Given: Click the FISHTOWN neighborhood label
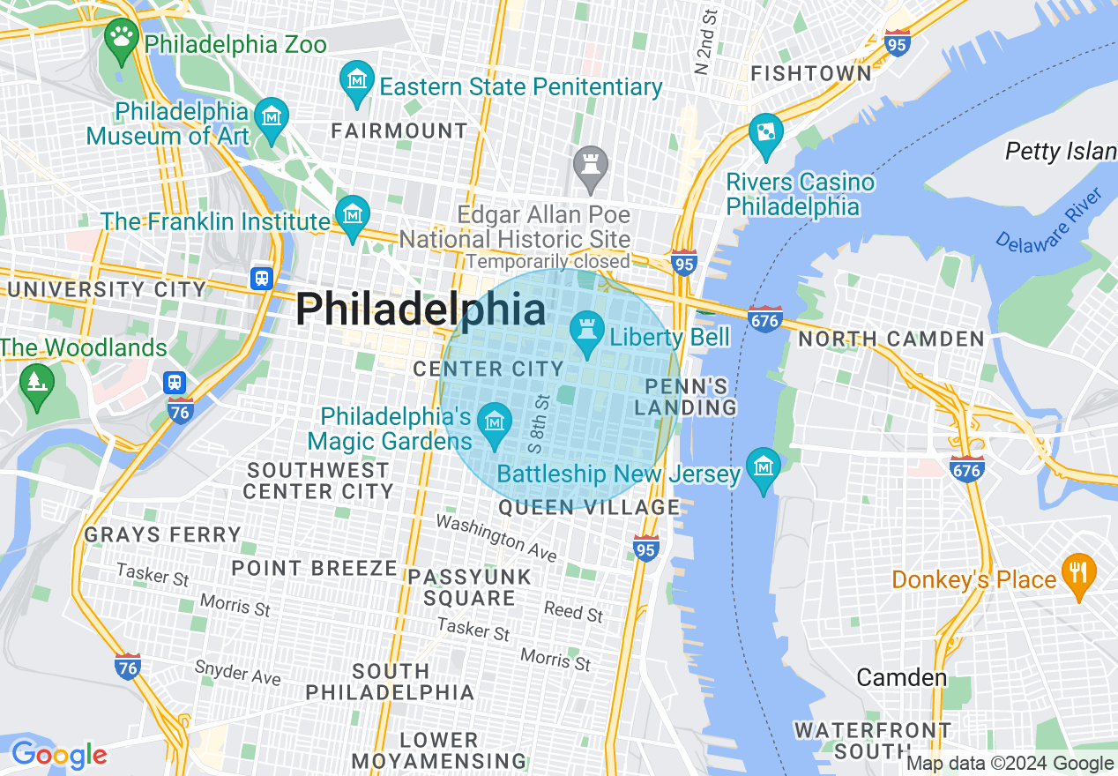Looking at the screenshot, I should click(811, 74).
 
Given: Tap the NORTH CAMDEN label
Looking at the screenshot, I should click(891, 339).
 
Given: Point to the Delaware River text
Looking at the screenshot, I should click(1049, 220).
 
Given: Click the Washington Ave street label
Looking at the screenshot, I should click(497, 538).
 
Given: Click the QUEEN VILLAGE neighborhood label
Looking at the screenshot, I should click(589, 507).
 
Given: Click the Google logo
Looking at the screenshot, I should click(58, 755).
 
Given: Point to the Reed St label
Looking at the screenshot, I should click(573, 611).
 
